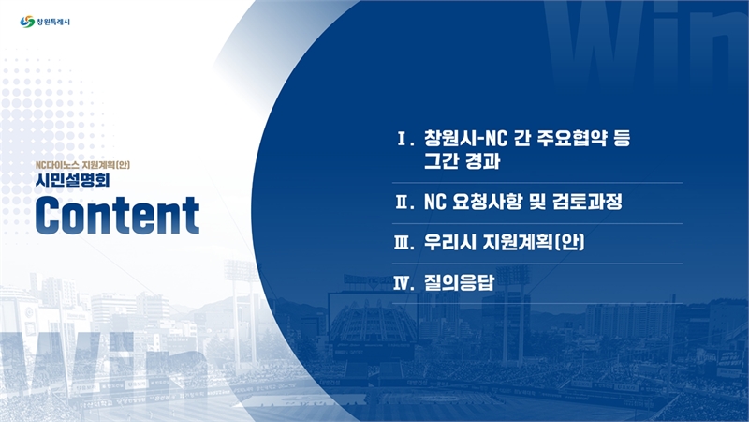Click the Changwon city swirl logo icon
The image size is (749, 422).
[27, 22]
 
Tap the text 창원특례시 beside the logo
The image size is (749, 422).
[53, 22]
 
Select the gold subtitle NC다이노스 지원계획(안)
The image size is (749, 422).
[82, 165]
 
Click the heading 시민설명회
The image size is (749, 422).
[73, 180]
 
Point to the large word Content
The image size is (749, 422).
[118, 216]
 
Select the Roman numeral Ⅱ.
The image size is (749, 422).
[404, 203]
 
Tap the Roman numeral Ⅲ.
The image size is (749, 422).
[404, 243]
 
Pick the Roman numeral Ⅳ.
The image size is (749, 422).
[404, 284]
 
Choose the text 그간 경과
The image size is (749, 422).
[462, 161]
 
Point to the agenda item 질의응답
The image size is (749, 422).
[459, 283]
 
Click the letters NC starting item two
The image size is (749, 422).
[434, 203]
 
